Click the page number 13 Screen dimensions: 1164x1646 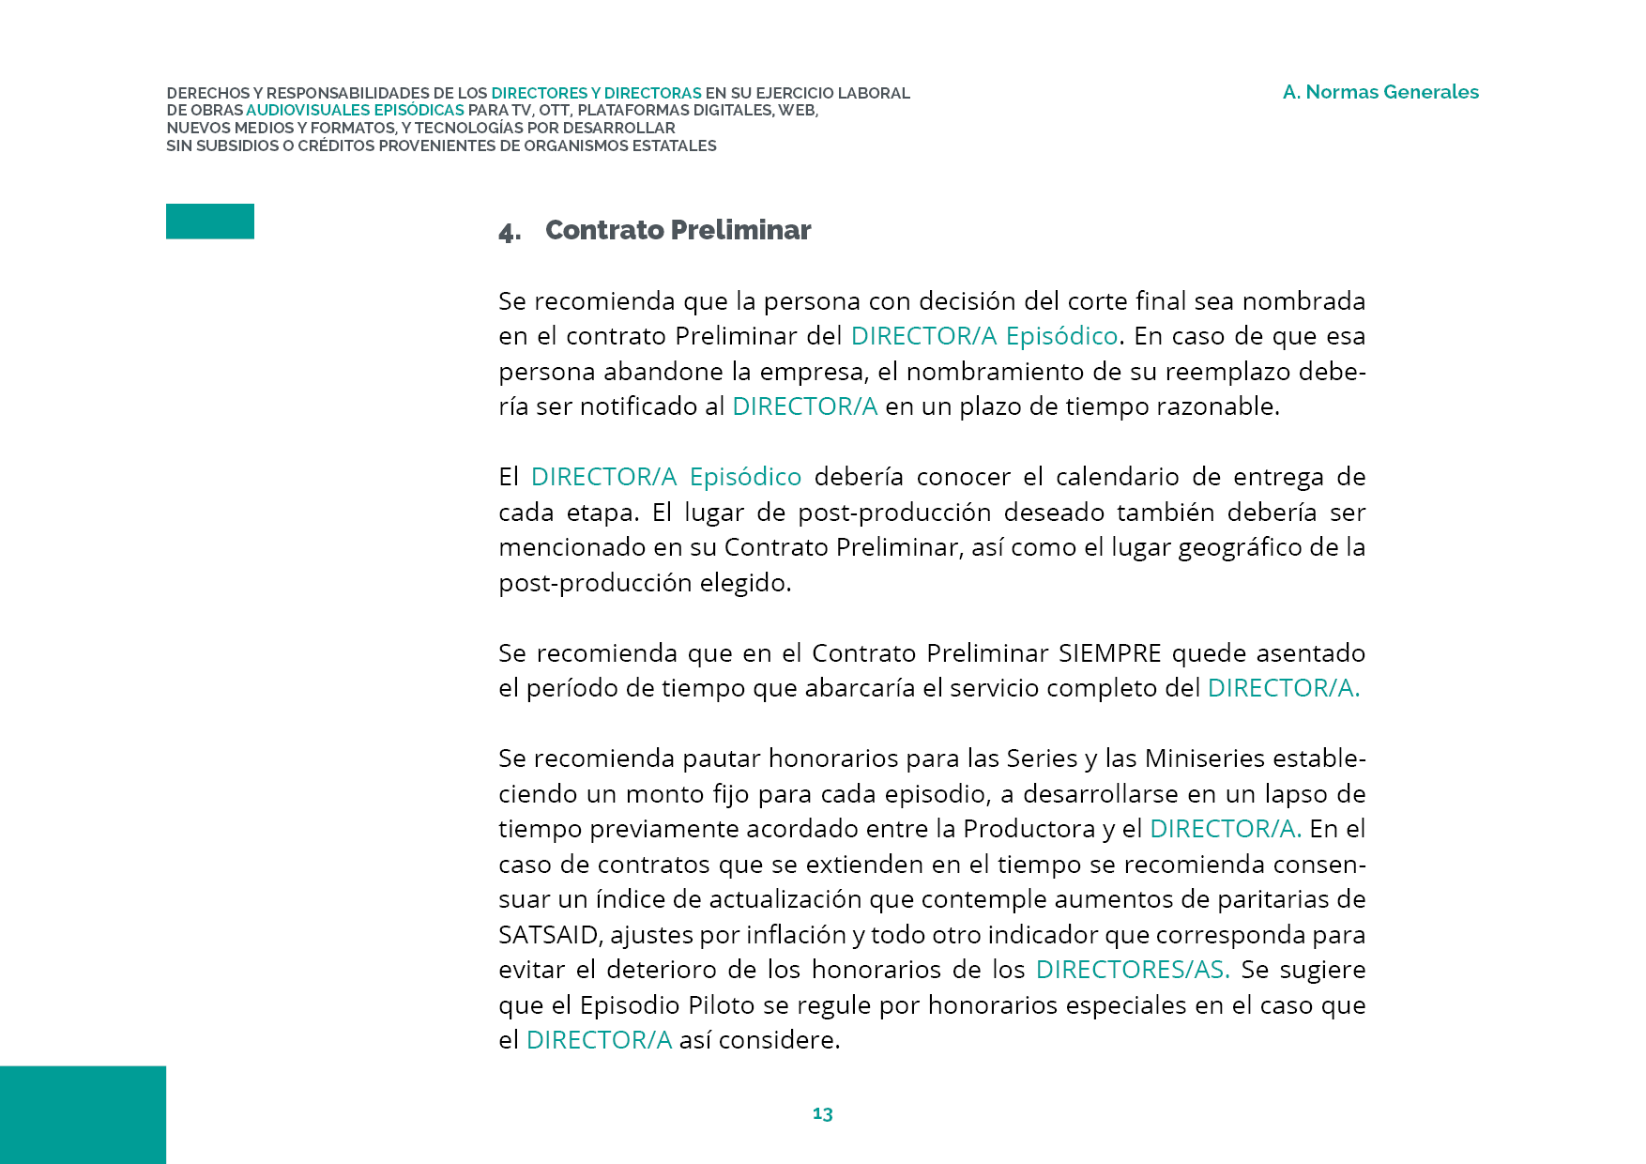(x=822, y=1113)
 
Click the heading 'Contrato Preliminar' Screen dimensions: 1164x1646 (x=678, y=230)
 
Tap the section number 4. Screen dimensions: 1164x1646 (x=509, y=232)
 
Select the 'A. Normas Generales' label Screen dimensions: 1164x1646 (x=1380, y=92)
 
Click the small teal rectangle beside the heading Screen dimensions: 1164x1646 (x=210, y=222)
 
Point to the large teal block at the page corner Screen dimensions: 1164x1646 (x=83, y=1114)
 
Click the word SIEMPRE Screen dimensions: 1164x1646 (x=1110, y=653)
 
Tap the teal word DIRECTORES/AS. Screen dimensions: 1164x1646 (x=1132, y=970)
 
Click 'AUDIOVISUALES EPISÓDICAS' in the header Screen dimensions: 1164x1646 (x=355, y=111)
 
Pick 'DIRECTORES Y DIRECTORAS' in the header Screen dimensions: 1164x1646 (x=596, y=94)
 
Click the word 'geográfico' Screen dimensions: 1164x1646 (x=1241, y=547)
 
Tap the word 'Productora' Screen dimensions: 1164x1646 (x=1029, y=829)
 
